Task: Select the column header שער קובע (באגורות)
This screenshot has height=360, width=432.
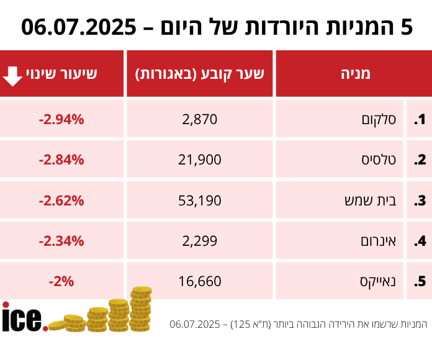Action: coord(200,74)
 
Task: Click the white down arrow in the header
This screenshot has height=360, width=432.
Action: coord(12,74)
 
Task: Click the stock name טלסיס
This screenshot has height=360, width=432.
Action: coord(380,160)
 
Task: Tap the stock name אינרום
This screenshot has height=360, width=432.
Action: coord(378,240)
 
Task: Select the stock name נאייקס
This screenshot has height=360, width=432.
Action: coord(379,281)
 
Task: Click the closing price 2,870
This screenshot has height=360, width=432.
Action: coord(200,119)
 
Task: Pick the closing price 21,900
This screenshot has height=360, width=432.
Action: coord(200,160)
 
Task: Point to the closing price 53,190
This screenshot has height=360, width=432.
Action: coord(200,200)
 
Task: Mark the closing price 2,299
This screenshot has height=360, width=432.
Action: coord(200,240)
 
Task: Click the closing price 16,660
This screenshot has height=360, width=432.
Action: coord(200,281)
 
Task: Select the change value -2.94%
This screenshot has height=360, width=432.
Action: coord(61,119)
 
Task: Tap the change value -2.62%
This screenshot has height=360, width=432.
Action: coord(61,200)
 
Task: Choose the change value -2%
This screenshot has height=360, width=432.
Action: coord(61,281)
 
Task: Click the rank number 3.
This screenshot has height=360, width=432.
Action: coord(420,200)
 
